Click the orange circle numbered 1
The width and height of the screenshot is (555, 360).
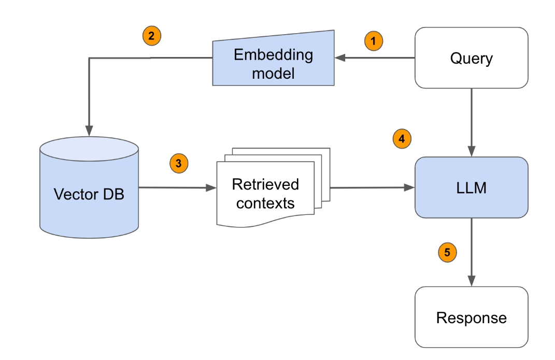(374, 41)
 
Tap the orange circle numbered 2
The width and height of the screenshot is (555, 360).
(151, 36)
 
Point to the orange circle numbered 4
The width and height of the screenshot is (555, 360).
(402, 138)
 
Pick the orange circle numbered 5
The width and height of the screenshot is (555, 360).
(447, 253)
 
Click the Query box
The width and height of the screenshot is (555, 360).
(471, 58)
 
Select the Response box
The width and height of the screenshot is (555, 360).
(471, 317)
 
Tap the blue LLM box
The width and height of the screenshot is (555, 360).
(471, 188)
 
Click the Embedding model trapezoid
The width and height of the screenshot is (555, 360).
(273, 63)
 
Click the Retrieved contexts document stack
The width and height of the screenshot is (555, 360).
(266, 193)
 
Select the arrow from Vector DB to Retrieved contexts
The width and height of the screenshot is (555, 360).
(176, 188)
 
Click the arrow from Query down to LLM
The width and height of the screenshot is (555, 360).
(471, 122)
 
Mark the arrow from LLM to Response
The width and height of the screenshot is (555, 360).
(471, 251)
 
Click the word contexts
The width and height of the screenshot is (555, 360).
(265, 203)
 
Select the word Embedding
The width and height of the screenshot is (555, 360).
(273, 54)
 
